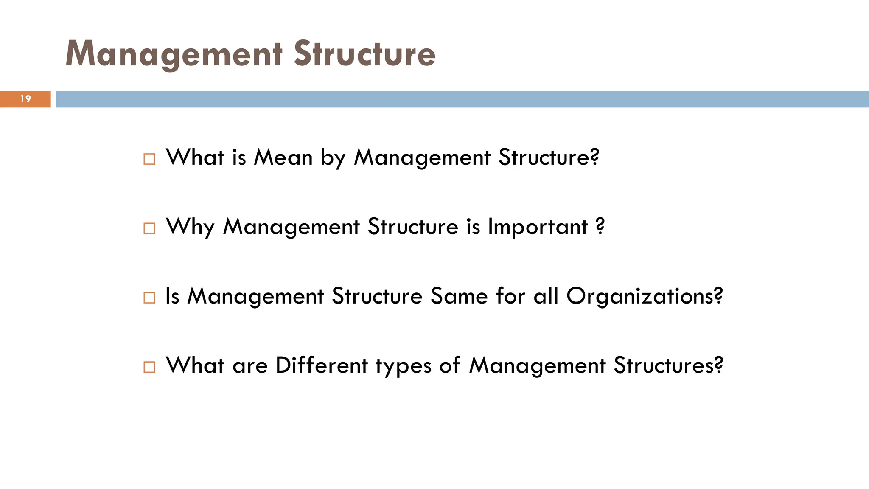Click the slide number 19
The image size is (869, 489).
click(x=25, y=99)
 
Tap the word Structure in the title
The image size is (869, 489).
click(x=364, y=54)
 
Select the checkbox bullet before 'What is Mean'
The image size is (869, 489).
click(x=149, y=159)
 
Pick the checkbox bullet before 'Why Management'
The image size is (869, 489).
click(x=149, y=228)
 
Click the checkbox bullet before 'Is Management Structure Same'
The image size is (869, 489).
click(x=149, y=298)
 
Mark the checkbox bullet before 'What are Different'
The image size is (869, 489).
click(x=149, y=367)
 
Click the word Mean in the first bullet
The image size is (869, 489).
click(x=283, y=157)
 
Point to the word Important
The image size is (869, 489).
click(x=538, y=227)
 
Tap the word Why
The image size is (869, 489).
click(x=190, y=227)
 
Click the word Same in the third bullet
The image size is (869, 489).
click(x=459, y=296)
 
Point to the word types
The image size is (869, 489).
click(x=403, y=366)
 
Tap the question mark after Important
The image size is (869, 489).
click(x=600, y=227)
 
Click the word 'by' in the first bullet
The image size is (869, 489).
click(x=333, y=158)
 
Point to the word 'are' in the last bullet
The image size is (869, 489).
click(x=250, y=366)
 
